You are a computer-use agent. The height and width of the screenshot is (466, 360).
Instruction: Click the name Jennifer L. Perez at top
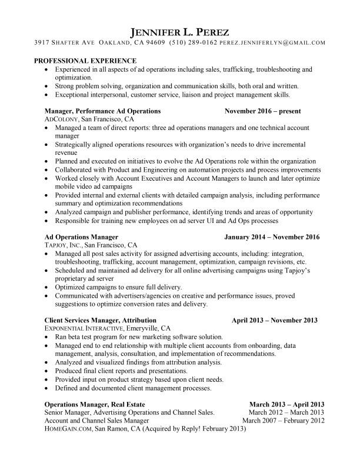click(x=179, y=31)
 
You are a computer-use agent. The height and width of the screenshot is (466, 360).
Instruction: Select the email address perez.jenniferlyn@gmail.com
click(x=273, y=43)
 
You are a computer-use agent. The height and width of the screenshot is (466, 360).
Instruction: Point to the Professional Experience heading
click(x=85, y=61)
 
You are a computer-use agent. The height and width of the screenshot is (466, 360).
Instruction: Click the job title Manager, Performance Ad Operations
click(x=103, y=111)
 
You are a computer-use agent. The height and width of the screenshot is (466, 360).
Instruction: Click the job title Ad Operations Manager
click(x=82, y=237)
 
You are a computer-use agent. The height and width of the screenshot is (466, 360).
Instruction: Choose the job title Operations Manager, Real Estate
click(x=95, y=404)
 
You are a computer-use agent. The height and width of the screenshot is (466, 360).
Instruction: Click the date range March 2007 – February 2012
click(x=284, y=421)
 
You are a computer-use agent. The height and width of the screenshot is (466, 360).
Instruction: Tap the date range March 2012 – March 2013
click(x=288, y=412)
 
